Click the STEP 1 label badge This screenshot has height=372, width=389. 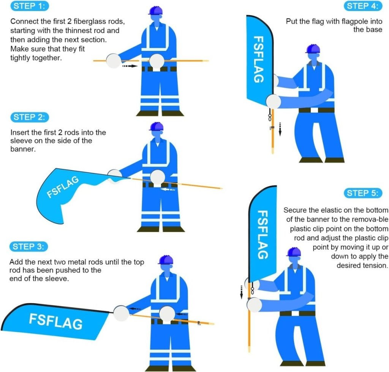point(30,6)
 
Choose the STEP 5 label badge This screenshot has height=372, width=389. point(363,193)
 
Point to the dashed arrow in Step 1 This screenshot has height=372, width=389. point(129,66)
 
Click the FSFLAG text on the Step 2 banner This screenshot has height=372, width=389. point(63,187)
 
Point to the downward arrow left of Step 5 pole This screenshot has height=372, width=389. point(241,290)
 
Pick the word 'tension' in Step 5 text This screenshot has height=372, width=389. point(375,265)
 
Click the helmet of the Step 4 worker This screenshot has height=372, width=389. point(313,49)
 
